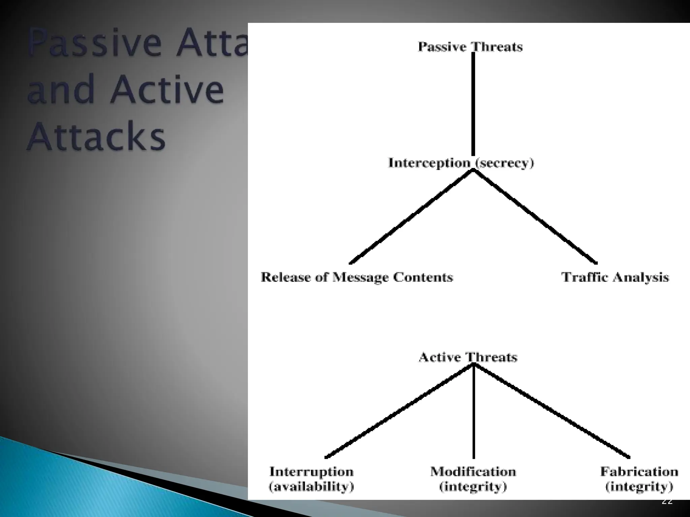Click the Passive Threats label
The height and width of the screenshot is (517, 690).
[470, 47]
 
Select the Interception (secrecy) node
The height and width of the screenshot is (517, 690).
[461, 163]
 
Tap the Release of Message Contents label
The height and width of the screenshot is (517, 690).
[357, 277]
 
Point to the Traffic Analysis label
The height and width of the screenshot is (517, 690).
[615, 277]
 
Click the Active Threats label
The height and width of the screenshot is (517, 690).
[468, 357]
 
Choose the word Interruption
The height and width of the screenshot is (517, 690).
[311, 472]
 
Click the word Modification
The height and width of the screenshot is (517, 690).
[473, 472]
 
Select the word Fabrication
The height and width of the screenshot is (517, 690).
[639, 472]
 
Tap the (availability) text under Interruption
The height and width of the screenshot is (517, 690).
[311, 487]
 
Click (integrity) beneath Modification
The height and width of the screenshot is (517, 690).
[473, 487]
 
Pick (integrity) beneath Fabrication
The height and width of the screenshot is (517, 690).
[639, 487]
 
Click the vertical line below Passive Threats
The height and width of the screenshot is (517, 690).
[473, 104]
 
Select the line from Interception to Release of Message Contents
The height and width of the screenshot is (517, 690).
[411, 216]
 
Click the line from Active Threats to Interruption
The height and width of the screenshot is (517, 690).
[399, 411]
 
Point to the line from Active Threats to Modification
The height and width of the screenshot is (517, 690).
[474, 412]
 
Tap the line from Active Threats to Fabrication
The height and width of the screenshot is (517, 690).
[552, 411]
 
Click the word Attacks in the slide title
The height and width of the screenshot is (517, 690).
[96, 136]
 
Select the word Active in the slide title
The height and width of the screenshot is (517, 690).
[167, 89]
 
